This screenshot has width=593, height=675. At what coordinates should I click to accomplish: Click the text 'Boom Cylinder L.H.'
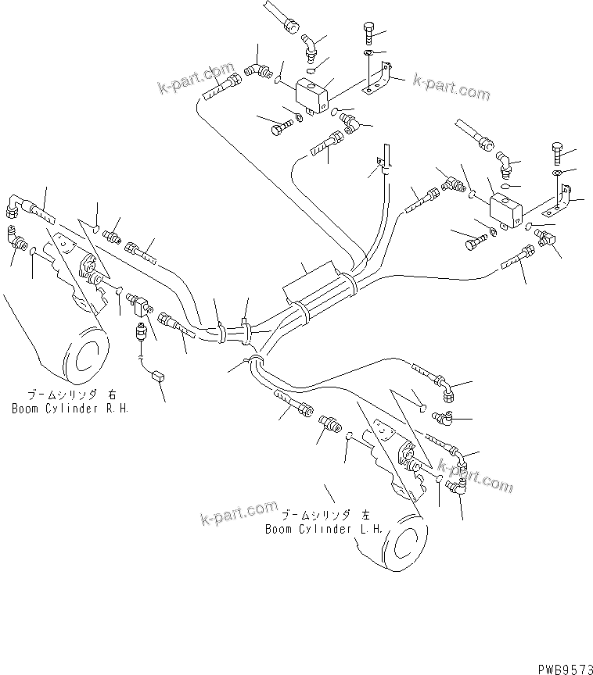coord(323,529)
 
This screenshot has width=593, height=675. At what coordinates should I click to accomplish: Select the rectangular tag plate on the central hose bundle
coord(310,277)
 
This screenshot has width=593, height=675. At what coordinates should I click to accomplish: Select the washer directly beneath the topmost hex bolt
coord(368,53)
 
